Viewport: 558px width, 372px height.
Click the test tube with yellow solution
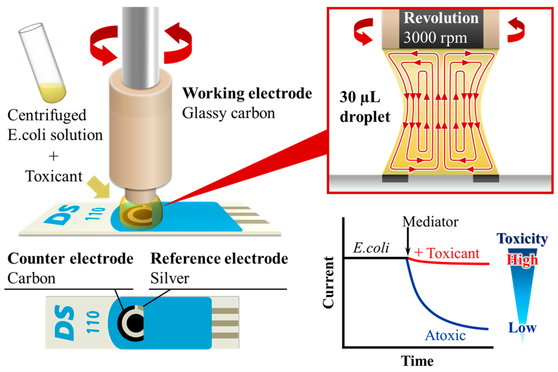tap(42, 63)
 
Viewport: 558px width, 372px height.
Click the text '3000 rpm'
tap(435, 38)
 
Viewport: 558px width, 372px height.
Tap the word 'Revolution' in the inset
tap(441, 18)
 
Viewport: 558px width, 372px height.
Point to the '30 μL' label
tap(360, 97)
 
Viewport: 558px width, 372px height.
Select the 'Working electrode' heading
tap(247, 93)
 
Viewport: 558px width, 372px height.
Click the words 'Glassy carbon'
tap(228, 113)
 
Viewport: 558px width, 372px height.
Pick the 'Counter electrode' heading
tap(70, 258)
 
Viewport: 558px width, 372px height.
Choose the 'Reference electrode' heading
tap(219, 258)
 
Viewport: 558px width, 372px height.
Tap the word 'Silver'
tap(170, 278)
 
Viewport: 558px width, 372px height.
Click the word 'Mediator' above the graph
tap(430, 222)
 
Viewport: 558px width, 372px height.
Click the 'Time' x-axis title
tap(417, 361)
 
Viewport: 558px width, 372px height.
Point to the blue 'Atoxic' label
tap(445, 336)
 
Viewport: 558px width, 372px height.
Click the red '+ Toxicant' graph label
tap(447, 253)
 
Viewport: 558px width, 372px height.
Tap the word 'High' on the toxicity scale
tap(522, 260)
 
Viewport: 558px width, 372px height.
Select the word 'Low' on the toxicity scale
tap(522, 328)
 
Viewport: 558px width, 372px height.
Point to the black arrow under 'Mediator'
tap(408, 241)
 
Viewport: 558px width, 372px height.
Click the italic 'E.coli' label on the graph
tap(371, 248)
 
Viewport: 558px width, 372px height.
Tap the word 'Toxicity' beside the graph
tap(522, 239)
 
